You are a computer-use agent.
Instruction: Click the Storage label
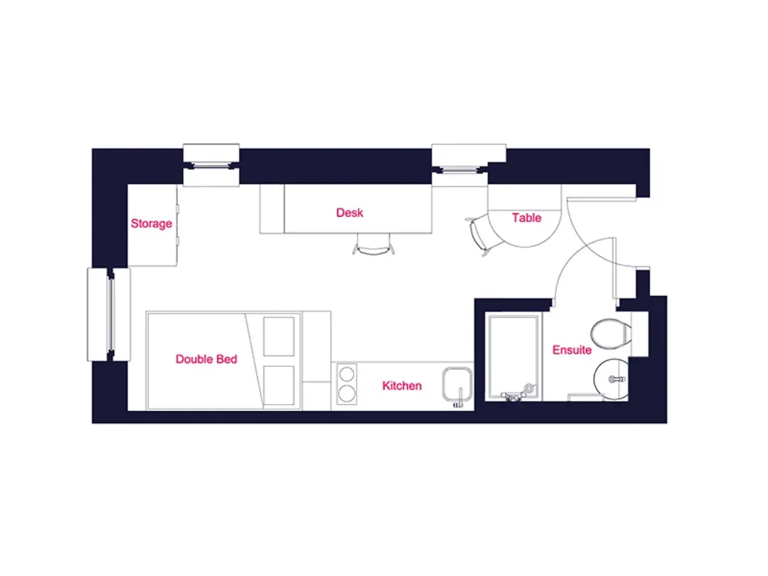click(151, 223)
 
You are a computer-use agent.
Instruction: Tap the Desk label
click(350, 213)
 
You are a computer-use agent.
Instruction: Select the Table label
click(526, 218)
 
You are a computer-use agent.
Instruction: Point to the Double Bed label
click(206, 359)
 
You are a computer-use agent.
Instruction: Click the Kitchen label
click(402, 386)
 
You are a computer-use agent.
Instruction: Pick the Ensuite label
click(572, 350)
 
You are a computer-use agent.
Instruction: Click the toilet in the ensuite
click(612, 334)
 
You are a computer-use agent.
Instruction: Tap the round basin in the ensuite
click(612, 378)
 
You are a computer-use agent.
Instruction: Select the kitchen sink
click(457, 385)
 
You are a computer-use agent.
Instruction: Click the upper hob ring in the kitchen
click(347, 374)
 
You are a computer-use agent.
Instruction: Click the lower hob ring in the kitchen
click(347, 393)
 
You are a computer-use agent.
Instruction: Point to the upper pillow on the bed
click(279, 336)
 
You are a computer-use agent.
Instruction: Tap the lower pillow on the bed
click(279, 385)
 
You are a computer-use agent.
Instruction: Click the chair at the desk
click(373, 245)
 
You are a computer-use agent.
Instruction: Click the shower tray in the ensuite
click(513, 357)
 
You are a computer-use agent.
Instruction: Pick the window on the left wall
click(110, 314)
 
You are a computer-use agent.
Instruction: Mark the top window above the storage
click(211, 166)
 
